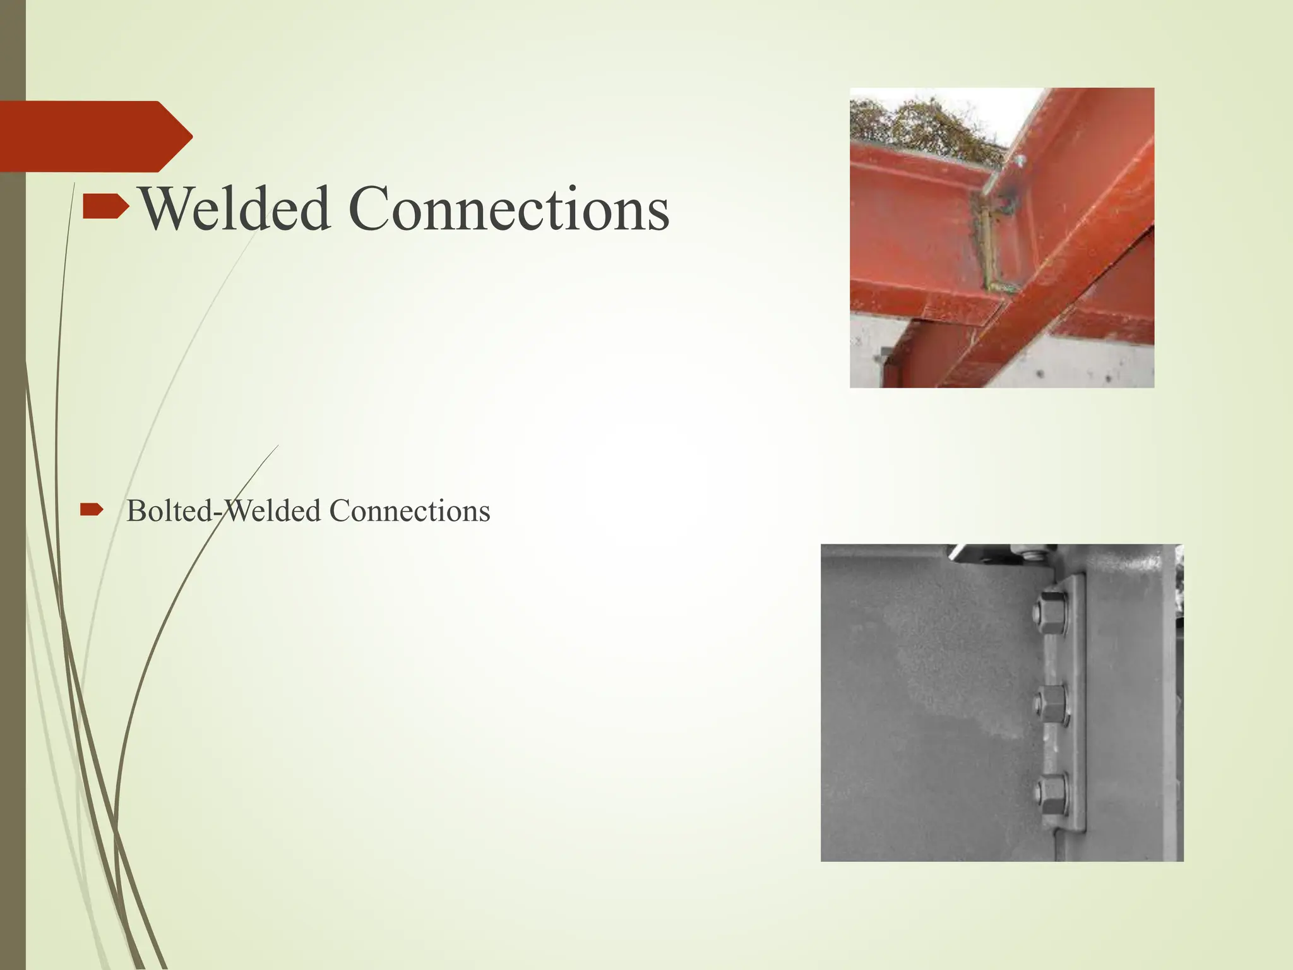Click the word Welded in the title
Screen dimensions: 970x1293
pos(234,209)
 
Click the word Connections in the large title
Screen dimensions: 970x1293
pos(508,209)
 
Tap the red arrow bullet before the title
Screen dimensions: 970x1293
pos(105,207)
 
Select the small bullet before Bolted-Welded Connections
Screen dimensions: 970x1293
pos(91,509)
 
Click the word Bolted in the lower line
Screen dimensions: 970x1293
pos(170,511)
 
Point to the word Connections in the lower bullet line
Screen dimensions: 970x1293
pos(409,511)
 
